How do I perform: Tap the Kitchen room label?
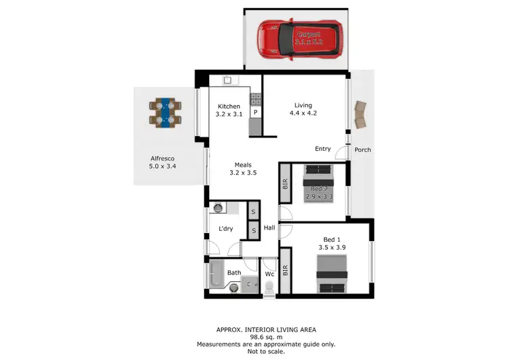[x=229, y=106]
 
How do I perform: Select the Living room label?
[x=303, y=105]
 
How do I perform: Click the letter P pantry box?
[x=256, y=112]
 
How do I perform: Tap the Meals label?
[x=243, y=164]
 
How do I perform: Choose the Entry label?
[x=322, y=149]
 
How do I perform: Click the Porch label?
[x=363, y=149]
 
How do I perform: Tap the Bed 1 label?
[x=333, y=239]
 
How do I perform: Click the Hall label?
[x=269, y=228]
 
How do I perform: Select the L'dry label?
[x=225, y=229]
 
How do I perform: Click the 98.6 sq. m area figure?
[x=253, y=336]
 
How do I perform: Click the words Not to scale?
[x=253, y=352]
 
